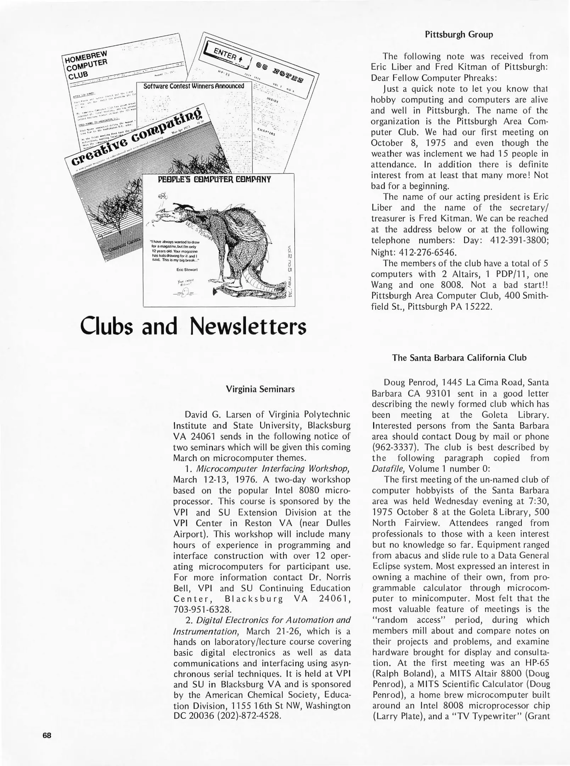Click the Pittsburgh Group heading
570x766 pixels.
459,35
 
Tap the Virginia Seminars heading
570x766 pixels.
260,389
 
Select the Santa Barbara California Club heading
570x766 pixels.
459,357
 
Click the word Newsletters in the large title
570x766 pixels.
248,326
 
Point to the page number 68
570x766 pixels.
47,735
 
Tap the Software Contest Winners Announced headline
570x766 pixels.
194,86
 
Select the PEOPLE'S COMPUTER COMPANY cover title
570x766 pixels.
214,179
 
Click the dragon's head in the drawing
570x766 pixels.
169,213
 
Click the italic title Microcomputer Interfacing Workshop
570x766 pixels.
273,468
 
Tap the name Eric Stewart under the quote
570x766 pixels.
187,270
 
